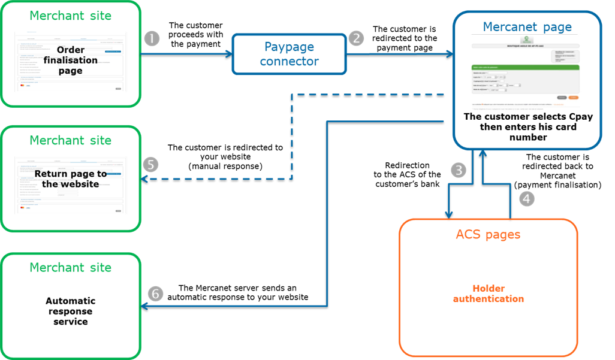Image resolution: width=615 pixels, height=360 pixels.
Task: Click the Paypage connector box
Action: pos(290,54)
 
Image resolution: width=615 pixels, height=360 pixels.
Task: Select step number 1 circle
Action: pos(152,38)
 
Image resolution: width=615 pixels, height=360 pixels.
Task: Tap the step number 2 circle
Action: pos(356,38)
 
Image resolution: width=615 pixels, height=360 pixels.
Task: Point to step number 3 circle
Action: pos(459,170)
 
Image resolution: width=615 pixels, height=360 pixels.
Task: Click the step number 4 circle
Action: pos(526,199)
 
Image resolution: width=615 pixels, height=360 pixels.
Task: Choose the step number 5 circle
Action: pos(152,164)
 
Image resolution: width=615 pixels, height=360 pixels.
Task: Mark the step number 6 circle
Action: pos(155,294)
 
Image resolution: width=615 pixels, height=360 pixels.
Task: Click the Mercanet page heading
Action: pos(527,27)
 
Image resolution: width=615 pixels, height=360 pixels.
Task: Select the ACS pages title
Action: pos(488,235)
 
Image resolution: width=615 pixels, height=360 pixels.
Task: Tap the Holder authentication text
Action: pos(488,294)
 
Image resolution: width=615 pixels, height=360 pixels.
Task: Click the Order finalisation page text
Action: pos(70,60)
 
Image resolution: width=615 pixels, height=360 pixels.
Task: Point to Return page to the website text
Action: pos(70,179)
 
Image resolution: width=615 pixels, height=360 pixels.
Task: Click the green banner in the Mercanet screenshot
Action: pos(526,67)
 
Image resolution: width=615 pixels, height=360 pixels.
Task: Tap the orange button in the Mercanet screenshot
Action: pos(573,97)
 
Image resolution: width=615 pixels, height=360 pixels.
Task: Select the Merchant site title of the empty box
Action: pos(71,267)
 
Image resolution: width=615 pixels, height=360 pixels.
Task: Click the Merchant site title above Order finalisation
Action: pos(71,16)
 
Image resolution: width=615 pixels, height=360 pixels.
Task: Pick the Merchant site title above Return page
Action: pos(71,140)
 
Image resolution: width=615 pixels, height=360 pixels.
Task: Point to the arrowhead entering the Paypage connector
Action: pos(228,55)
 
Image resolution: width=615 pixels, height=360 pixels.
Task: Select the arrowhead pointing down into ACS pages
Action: pos(448,214)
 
